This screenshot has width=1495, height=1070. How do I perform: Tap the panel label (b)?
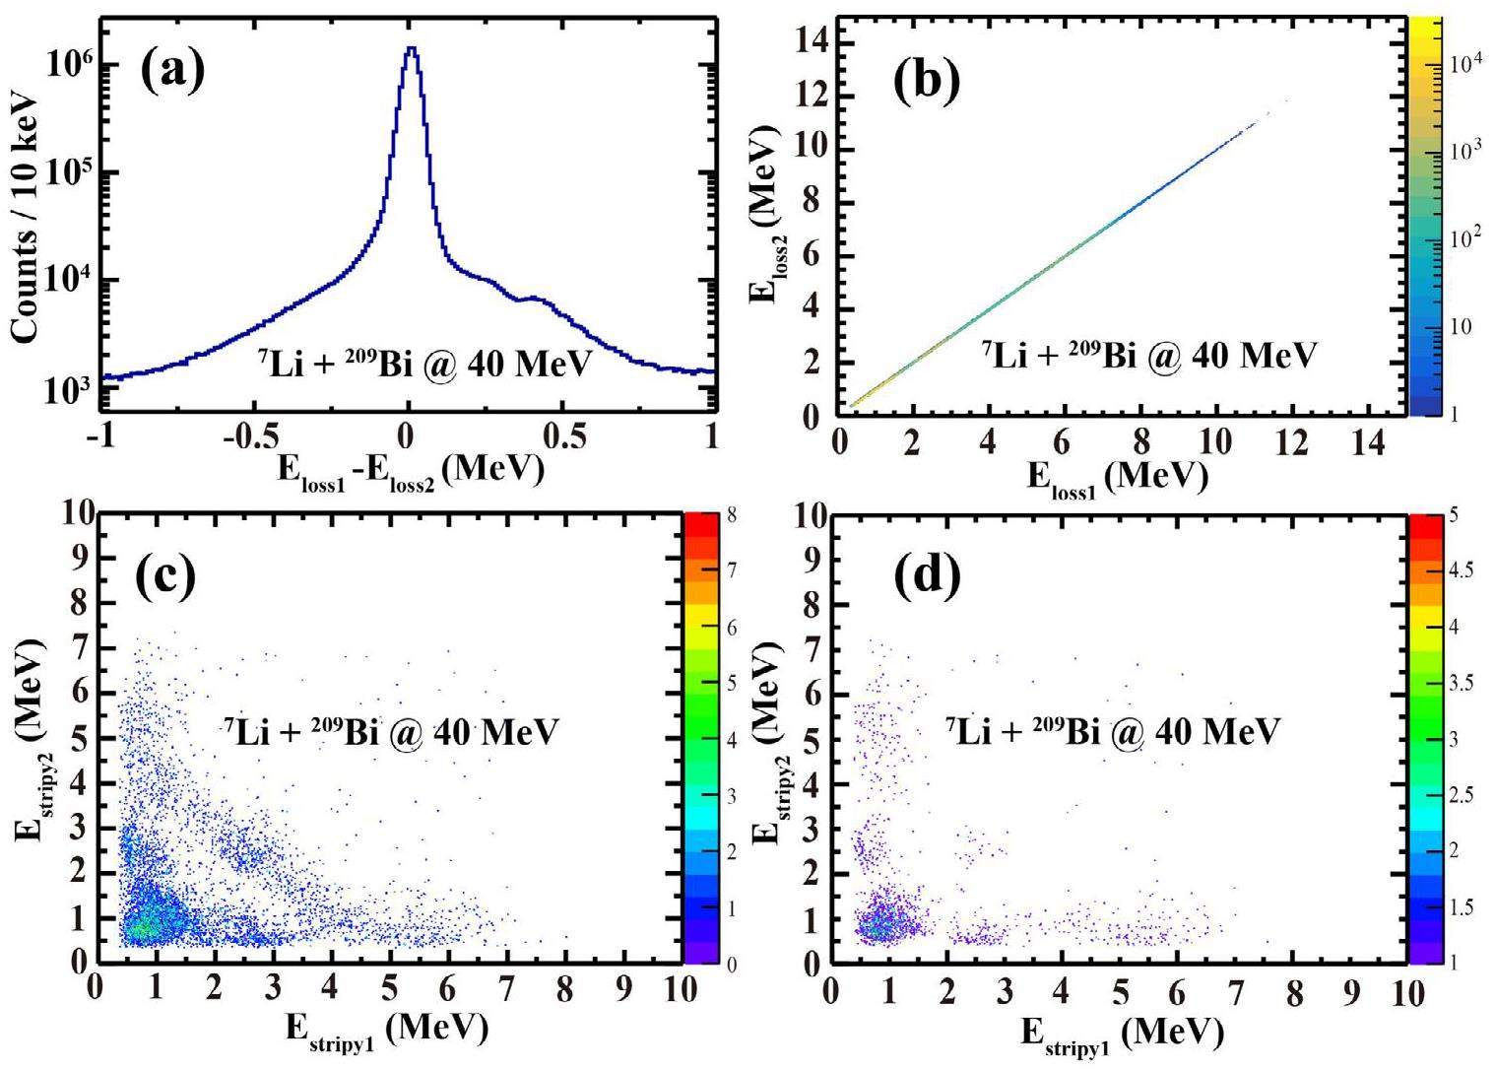926,81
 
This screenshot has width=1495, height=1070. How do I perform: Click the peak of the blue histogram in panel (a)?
411,48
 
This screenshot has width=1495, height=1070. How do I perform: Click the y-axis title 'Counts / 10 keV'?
27,219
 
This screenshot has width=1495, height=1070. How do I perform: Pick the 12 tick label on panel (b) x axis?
1293,444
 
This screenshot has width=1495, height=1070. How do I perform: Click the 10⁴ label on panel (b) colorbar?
1466,65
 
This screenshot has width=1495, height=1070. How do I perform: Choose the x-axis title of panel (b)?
1118,475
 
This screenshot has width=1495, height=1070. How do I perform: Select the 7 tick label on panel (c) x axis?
504,987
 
